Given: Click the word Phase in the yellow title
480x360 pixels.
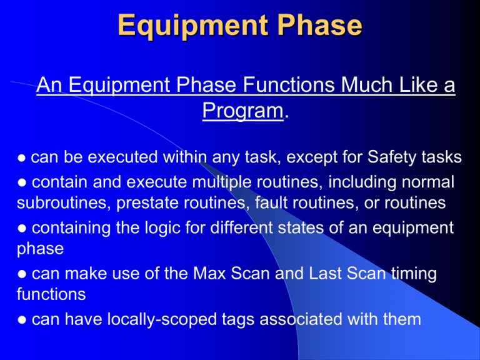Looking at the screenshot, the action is coord(320,25).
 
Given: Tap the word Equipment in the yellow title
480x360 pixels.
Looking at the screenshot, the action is coord(192,27).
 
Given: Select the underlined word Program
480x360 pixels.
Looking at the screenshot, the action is coord(242,111).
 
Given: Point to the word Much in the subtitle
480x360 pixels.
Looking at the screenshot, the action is coord(366,84).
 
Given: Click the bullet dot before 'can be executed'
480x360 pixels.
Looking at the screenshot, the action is coord(21,159).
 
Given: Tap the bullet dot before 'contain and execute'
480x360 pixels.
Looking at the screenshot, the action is coord(22,183).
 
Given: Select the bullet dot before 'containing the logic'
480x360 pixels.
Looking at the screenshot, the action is coord(22,229).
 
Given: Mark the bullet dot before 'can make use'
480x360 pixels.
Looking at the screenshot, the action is coord(22,274).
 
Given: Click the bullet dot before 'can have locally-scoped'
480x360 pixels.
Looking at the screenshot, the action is coord(22,320).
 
